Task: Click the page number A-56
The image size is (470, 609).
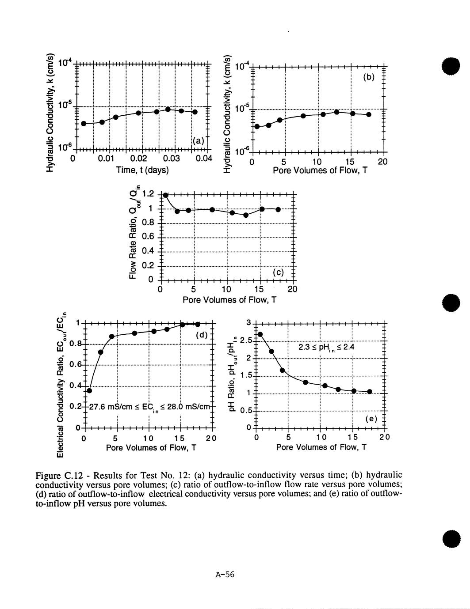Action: coord(224,575)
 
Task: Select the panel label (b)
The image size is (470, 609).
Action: coord(369,77)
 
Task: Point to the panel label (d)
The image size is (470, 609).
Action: coord(201,335)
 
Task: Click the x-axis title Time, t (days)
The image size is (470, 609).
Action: coord(142,170)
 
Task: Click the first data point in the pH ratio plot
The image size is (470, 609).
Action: coord(260,334)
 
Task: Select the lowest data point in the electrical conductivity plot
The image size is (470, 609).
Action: coord(89,390)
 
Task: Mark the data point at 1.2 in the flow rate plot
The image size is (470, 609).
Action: coord(165,195)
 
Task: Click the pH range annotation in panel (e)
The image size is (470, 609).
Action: coord(326,348)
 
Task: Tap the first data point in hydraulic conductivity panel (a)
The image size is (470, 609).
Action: coord(84,123)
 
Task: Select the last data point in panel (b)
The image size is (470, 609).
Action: coord(369,114)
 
